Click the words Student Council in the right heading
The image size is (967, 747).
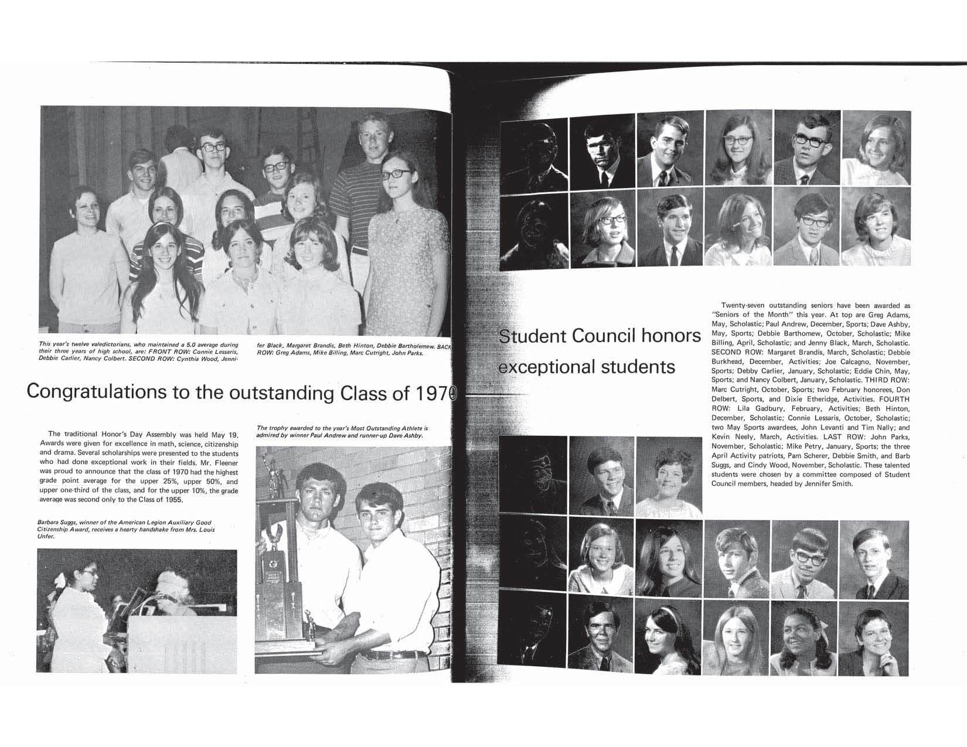[x=563, y=336]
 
